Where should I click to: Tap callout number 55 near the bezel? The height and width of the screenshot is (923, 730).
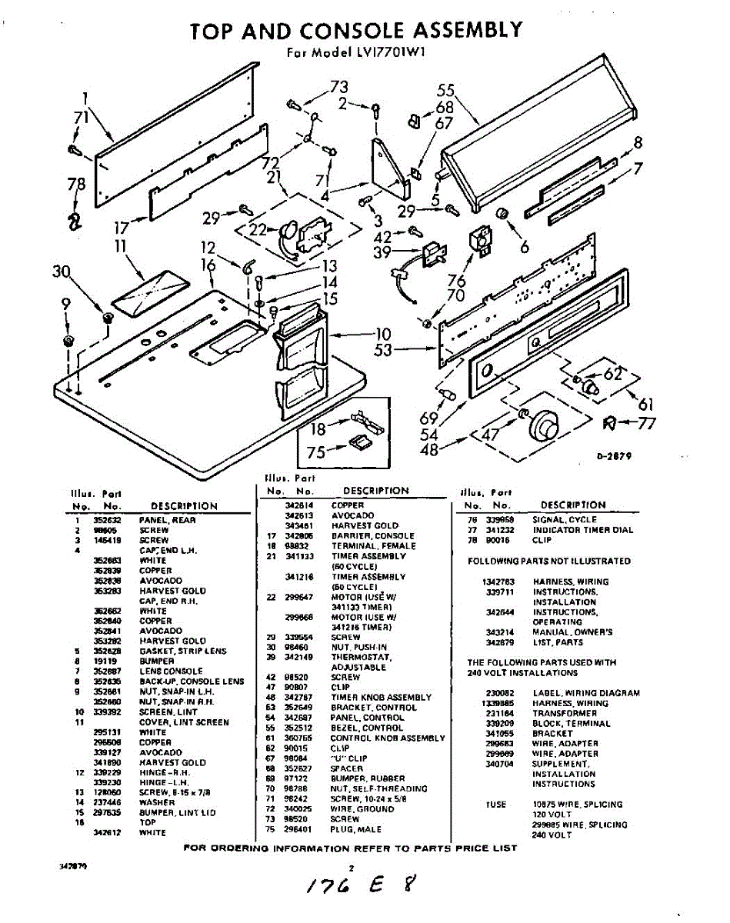click(446, 91)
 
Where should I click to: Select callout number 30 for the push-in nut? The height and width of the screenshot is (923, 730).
click(62, 272)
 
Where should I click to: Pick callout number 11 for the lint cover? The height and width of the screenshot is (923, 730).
click(121, 247)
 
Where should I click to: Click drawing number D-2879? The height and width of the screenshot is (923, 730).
click(614, 456)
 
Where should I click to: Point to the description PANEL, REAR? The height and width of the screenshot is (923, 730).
click(168, 520)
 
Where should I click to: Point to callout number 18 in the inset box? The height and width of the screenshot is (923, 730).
click(318, 429)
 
